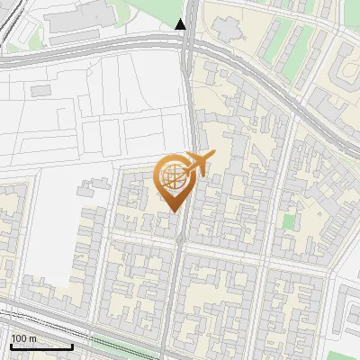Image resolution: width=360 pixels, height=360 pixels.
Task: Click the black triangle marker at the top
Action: [181, 24]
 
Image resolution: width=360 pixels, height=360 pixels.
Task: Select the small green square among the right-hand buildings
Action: [288, 220]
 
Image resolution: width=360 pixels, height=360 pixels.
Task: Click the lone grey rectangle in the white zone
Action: [41, 91]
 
